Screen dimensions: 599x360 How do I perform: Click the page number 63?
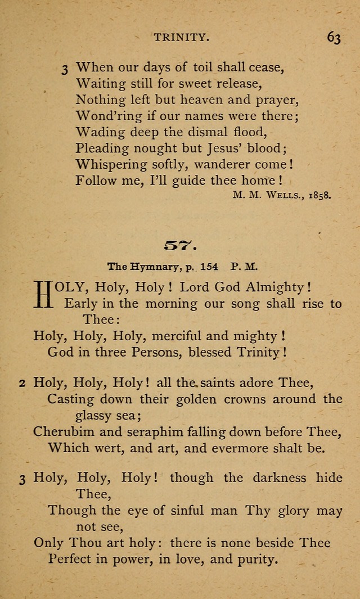coord(333,38)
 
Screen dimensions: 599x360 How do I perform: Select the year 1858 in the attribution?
coord(319,196)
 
